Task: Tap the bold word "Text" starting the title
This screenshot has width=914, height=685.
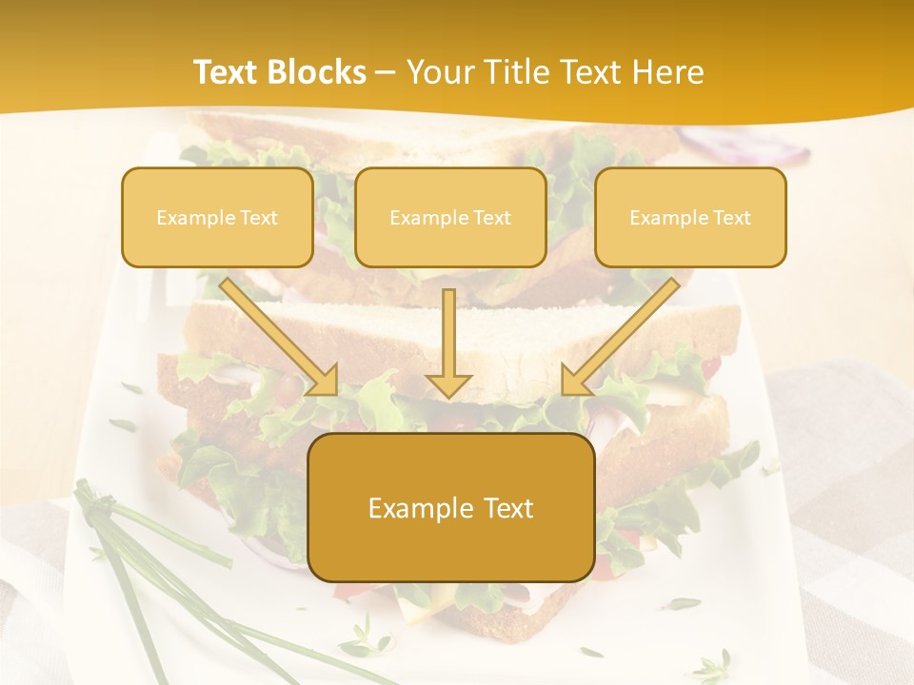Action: tap(225, 72)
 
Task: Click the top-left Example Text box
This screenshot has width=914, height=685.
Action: tap(217, 217)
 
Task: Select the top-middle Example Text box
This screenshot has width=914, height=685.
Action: tap(450, 217)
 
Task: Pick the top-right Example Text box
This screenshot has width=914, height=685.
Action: tap(690, 217)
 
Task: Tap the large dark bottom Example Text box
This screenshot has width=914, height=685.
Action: tap(450, 508)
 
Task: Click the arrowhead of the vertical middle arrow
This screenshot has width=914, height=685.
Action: tap(448, 384)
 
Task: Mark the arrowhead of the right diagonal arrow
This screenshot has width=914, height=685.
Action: tap(575, 380)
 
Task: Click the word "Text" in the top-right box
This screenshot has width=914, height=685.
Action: tap(731, 217)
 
